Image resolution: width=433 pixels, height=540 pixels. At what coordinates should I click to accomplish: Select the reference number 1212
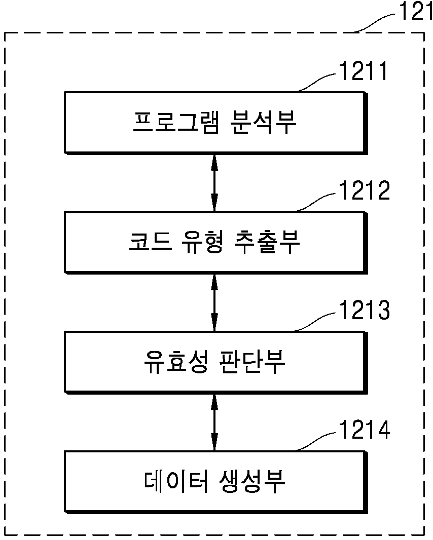pyautogui.click(x=365, y=190)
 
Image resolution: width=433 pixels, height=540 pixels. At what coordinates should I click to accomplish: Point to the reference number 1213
pyautogui.click(x=365, y=310)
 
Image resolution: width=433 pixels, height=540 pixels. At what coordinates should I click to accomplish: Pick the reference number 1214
pyautogui.click(x=365, y=430)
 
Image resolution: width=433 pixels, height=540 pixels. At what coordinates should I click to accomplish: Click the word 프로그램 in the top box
pyautogui.click(x=176, y=122)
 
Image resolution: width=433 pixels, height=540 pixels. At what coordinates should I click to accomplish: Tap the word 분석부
pyautogui.click(x=263, y=122)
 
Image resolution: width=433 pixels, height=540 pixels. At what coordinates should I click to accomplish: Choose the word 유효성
pyautogui.click(x=176, y=362)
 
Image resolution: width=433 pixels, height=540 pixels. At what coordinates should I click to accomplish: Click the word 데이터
pyautogui.click(x=176, y=481)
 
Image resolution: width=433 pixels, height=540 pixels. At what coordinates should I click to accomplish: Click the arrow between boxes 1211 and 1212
pyautogui.click(x=214, y=182)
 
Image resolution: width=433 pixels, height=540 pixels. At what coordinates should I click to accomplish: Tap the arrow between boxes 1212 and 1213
pyautogui.click(x=214, y=302)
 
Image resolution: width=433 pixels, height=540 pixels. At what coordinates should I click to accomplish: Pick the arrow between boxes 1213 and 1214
pyautogui.click(x=214, y=422)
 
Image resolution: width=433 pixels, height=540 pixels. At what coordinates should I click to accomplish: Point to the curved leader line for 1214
pyautogui.click(x=315, y=441)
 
